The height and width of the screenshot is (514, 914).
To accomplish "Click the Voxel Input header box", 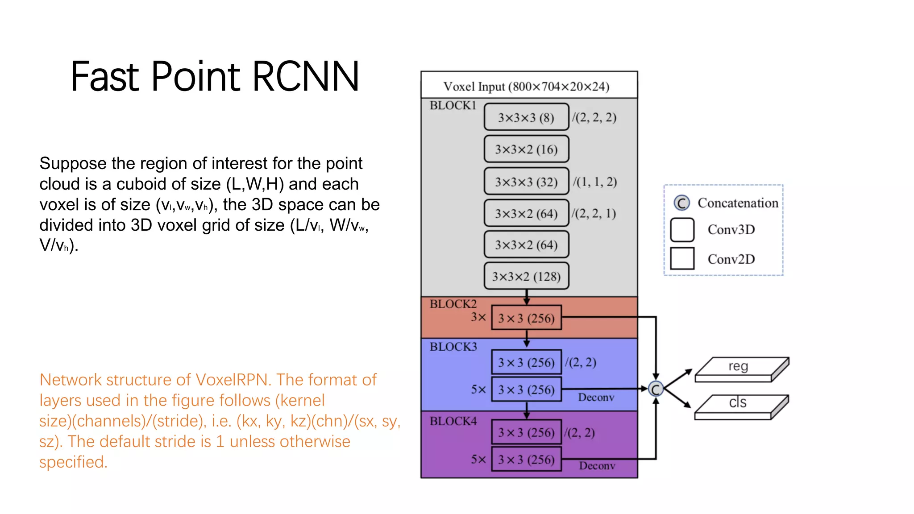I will tap(529, 86).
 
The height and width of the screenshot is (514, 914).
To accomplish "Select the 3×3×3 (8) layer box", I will tap(526, 117).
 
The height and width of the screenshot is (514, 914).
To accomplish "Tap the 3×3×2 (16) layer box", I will tap(526, 149).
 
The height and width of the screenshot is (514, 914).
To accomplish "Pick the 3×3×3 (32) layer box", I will tap(526, 182).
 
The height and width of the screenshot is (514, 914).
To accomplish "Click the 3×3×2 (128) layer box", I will tap(526, 276).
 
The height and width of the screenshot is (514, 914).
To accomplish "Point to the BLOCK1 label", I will tap(453, 106).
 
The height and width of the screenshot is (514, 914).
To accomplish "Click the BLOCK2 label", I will tap(453, 304).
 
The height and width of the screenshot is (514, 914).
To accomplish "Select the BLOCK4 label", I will tap(453, 421).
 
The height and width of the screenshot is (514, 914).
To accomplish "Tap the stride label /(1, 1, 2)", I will tap(595, 182).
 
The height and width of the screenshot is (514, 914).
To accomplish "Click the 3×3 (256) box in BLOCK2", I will tap(526, 318).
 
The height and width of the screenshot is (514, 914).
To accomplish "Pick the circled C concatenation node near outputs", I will tap(656, 390).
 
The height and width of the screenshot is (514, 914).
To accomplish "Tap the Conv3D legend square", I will tap(682, 229).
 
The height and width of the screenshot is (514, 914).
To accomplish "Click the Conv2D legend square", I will tap(682, 258).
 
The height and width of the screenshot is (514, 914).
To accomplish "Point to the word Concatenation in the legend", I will tap(738, 203).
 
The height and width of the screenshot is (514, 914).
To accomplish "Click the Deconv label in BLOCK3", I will tap(596, 398).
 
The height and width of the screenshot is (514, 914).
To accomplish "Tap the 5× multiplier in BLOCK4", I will tap(478, 459).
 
